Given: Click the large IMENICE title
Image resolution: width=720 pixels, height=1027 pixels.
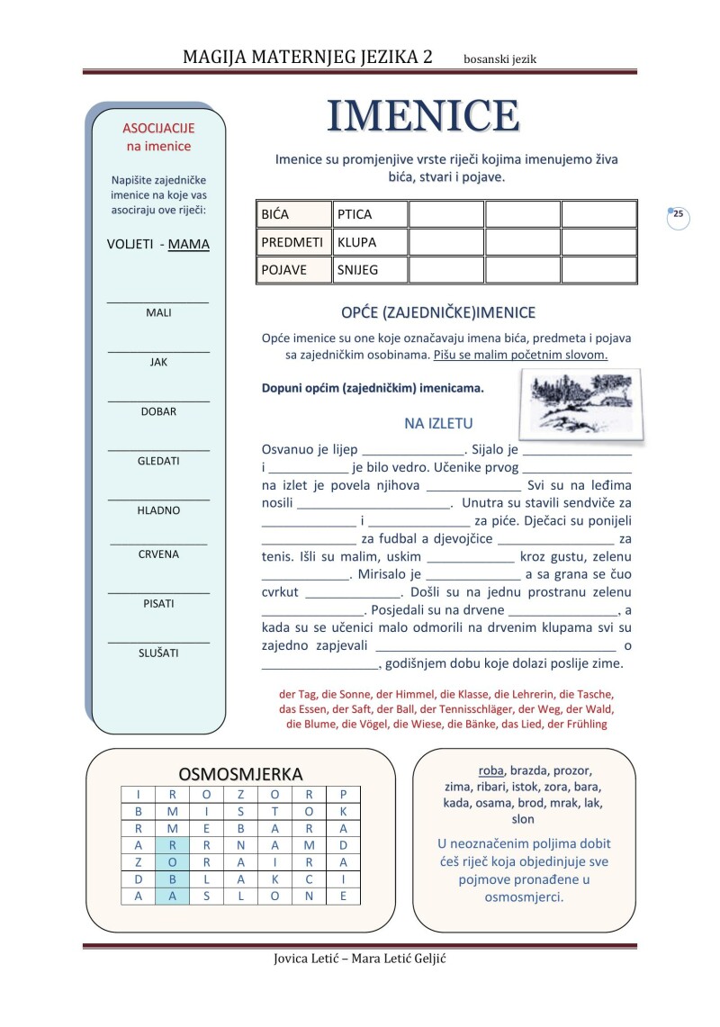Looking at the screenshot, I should click(x=422, y=117).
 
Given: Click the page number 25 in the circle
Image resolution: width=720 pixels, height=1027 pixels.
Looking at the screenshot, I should click(x=678, y=214).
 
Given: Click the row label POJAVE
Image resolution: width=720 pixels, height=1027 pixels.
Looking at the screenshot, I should click(x=283, y=270).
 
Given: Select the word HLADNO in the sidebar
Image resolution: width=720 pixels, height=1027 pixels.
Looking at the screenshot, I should click(x=158, y=510).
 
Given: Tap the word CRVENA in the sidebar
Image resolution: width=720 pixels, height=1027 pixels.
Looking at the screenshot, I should click(x=158, y=554).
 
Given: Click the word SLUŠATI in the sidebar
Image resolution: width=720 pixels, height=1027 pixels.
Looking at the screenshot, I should click(x=158, y=653).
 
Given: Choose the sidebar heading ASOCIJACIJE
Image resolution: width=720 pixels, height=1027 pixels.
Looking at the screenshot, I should click(x=158, y=129).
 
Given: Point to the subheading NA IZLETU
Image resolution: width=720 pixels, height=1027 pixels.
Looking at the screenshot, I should click(x=438, y=424).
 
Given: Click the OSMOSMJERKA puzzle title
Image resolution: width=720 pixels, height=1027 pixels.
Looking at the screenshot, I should click(x=240, y=774).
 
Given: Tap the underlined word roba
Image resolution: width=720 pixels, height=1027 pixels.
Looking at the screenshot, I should click(x=490, y=770).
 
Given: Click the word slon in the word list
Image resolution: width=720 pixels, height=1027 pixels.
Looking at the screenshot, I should click(x=522, y=819).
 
